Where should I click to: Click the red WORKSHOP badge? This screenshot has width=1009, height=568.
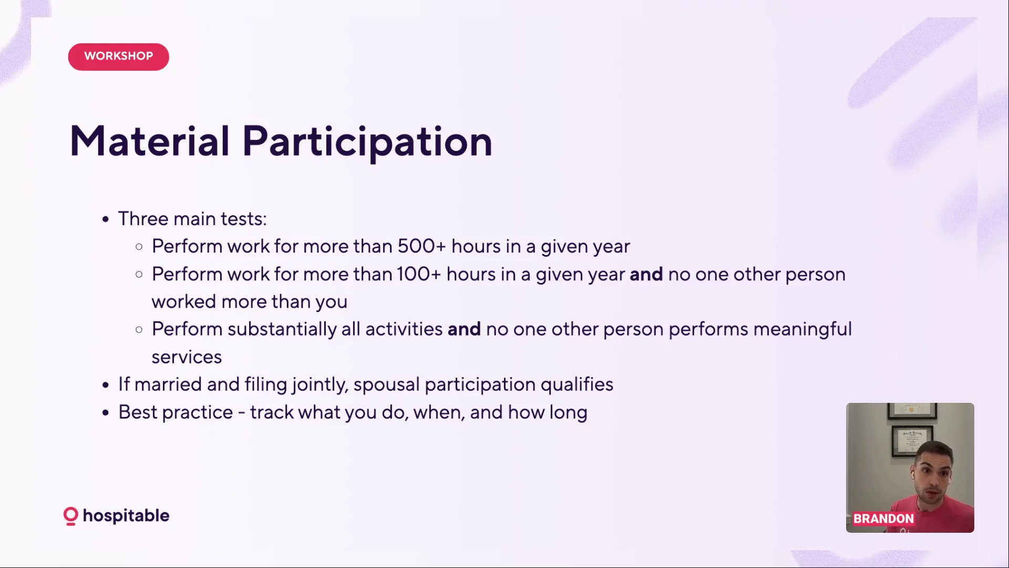click(x=118, y=56)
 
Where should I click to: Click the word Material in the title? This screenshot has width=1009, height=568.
click(x=150, y=141)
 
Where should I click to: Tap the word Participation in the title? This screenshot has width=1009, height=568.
click(x=367, y=142)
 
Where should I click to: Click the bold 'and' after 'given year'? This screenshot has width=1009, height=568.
click(x=646, y=274)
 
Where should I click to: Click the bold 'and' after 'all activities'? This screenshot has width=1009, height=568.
click(x=464, y=329)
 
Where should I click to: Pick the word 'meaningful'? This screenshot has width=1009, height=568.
click(x=802, y=330)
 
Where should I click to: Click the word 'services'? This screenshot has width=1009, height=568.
click(x=187, y=357)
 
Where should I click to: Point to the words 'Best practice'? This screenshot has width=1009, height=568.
click(x=176, y=412)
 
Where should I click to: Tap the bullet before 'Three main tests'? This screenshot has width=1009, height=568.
click(x=106, y=219)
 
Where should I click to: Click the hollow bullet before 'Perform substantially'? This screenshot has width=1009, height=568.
click(x=139, y=330)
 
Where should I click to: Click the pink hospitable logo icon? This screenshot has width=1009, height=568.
click(x=70, y=516)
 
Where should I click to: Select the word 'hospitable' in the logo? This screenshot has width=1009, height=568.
click(x=126, y=516)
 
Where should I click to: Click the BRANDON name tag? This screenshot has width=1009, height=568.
click(x=883, y=519)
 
